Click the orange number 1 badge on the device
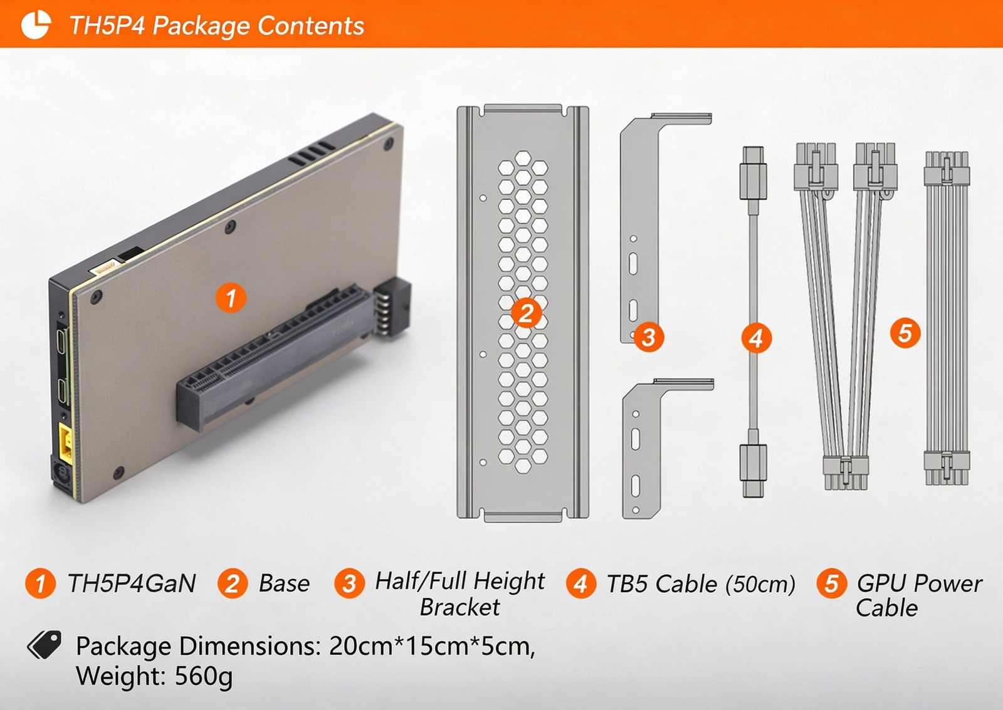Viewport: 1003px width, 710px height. tap(231, 298)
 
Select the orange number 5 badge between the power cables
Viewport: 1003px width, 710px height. tap(905, 333)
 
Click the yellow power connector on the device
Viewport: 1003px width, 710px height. tap(66, 444)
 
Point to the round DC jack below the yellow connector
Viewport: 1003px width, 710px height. tap(61, 473)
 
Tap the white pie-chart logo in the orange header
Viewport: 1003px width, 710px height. tap(36, 24)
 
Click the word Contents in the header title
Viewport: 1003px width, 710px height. tap(310, 26)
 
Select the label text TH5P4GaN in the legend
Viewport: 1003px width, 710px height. tap(132, 583)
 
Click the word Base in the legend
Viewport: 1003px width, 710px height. tap(285, 583)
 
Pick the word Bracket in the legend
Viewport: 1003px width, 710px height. tap(459, 607)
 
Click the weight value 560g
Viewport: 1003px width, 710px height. tap(203, 676)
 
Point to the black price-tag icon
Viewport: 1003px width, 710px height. tap(44, 645)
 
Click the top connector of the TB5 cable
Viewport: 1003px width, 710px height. tap(753, 173)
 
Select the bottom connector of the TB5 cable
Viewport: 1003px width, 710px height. tap(753, 470)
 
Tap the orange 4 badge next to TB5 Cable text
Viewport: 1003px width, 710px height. tap(580, 583)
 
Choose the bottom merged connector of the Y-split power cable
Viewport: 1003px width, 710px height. tap(846, 472)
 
